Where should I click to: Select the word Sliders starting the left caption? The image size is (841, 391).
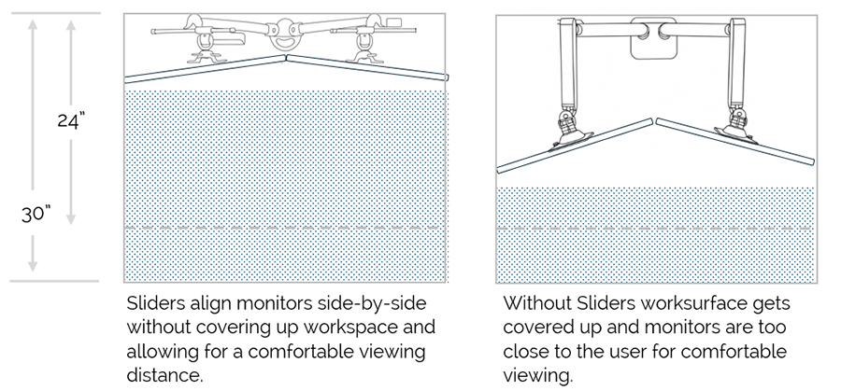pyautogui.click(x=156, y=305)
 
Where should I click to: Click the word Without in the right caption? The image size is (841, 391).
pyautogui.click(x=535, y=305)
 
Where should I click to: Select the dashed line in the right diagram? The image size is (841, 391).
pyautogui.click(x=654, y=227)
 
